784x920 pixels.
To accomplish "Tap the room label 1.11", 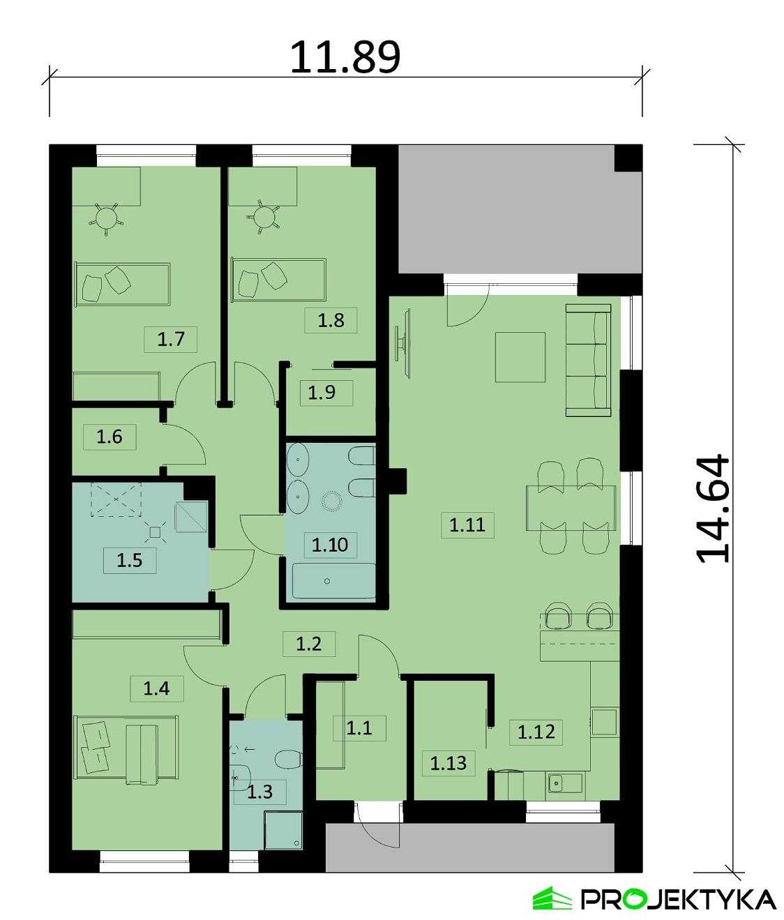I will click(x=467, y=524).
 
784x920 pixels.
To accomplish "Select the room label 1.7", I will click(x=170, y=340).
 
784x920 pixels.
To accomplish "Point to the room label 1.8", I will click(x=331, y=320).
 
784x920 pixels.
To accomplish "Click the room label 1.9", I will click(x=322, y=392).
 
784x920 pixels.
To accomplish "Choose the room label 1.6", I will click(x=110, y=437).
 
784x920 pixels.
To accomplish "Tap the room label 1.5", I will click(x=130, y=560).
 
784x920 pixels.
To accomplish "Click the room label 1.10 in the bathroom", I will click(x=329, y=544).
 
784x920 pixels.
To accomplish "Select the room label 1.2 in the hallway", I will click(x=308, y=643).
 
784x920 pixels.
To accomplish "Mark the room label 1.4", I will click(x=156, y=689).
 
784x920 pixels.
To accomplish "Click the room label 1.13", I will click(x=448, y=763).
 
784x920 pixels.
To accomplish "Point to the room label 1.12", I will click(x=536, y=732).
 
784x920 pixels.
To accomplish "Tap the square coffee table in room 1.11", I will click(x=520, y=357).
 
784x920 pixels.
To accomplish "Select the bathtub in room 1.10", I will click(x=333, y=580).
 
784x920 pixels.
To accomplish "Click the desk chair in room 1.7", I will click(x=105, y=218).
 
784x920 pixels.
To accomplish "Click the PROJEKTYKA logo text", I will click(x=677, y=899).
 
